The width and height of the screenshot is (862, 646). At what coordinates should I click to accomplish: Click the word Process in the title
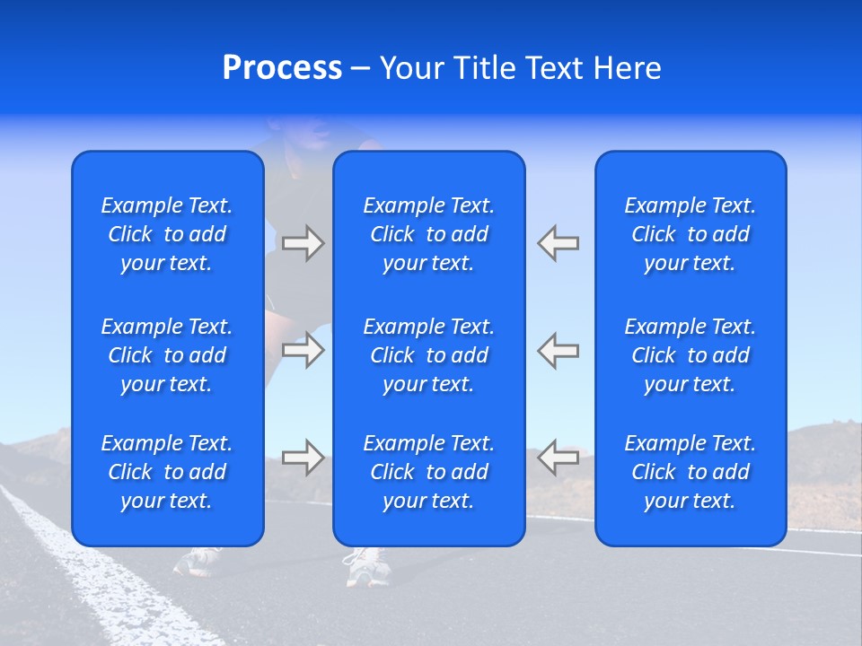click(282, 68)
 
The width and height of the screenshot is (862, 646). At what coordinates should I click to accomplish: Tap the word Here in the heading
click(627, 68)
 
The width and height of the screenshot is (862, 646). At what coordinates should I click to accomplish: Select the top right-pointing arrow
click(303, 243)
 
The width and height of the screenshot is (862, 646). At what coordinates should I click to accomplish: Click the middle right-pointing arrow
click(303, 350)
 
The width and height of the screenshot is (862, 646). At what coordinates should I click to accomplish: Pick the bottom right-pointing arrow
click(303, 458)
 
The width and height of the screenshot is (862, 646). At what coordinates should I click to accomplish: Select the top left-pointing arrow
click(559, 243)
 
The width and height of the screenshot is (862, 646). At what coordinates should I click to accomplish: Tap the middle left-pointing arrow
click(559, 350)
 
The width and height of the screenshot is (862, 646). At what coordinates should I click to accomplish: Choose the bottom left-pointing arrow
click(559, 458)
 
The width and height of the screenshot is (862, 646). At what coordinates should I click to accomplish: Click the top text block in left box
click(167, 234)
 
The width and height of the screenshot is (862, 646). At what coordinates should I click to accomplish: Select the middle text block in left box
click(167, 355)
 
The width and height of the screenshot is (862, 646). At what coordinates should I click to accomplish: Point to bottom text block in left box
click(167, 472)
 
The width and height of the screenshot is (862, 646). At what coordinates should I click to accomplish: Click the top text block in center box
click(428, 234)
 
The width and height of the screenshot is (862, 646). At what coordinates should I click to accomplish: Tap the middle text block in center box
click(428, 355)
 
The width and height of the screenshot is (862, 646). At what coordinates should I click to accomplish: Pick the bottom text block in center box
click(428, 472)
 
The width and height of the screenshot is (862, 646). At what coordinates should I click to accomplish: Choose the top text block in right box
click(690, 234)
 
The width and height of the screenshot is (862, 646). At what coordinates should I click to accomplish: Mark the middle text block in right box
click(690, 355)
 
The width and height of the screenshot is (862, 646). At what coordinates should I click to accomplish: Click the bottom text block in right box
click(690, 472)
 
